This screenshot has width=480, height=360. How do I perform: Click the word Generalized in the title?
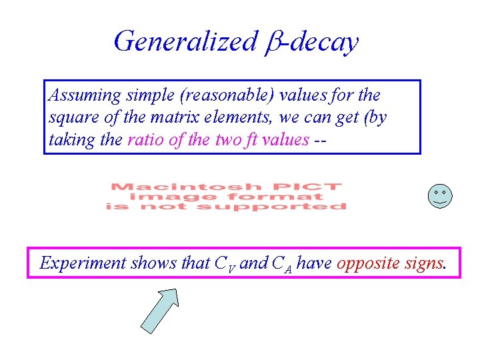pyautogui.click(x=185, y=41)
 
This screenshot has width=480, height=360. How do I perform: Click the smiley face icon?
pyautogui.click(x=439, y=196)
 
